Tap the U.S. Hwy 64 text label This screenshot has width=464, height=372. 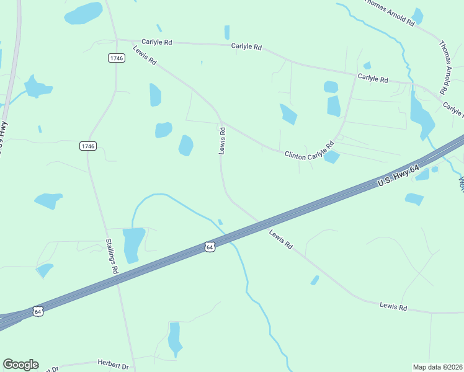point(399,176)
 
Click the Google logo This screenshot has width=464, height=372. point(20,365)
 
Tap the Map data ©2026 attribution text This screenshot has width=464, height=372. point(438,366)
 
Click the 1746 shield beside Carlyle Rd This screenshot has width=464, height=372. point(116,58)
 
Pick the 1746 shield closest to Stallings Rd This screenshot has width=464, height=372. point(88,146)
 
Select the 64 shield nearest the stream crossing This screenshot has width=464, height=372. point(210,247)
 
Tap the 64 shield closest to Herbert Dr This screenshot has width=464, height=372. point(38,311)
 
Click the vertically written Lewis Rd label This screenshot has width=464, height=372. point(221,140)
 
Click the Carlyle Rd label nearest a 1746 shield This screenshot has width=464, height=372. point(156,42)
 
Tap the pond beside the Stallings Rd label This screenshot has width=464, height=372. point(133,244)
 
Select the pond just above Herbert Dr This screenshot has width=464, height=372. point(175,338)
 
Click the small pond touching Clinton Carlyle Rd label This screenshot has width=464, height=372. point(332,157)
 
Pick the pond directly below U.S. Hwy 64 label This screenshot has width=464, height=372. point(414,199)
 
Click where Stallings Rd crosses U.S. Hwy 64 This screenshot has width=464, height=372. point(118,278)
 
